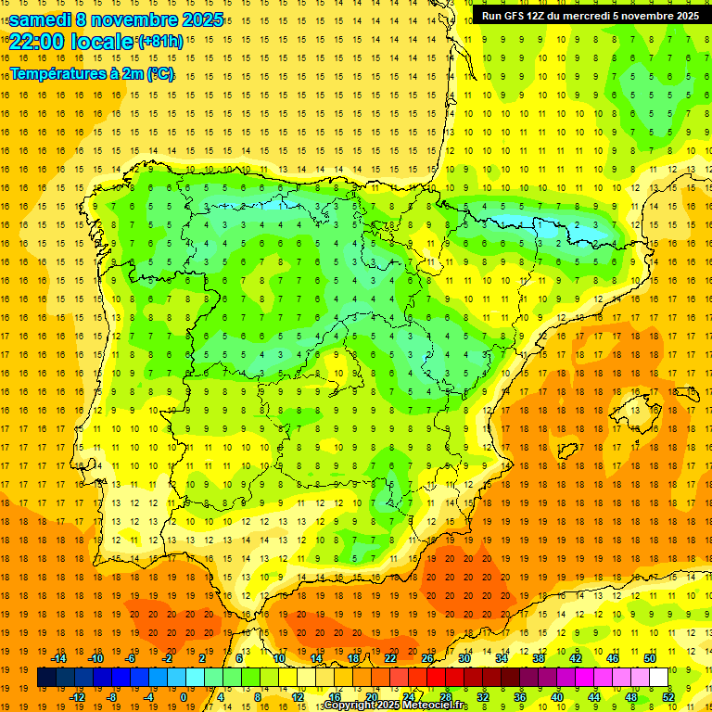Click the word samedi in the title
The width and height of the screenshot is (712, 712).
[x=40, y=19]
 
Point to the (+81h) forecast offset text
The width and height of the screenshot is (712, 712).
[x=160, y=42]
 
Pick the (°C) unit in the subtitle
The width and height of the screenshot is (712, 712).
[x=159, y=73]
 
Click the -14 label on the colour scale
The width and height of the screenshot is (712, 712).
[x=59, y=658]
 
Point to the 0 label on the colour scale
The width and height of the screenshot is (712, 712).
[x=184, y=697]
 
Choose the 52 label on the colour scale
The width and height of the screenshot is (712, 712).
[x=668, y=697]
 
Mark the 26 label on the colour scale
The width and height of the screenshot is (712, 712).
[x=427, y=658]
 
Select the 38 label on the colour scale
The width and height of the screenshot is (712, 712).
[x=538, y=658]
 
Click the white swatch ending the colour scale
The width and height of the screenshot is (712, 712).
[x=659, y=678]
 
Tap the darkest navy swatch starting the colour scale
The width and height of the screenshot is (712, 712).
[x=46, y=678]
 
